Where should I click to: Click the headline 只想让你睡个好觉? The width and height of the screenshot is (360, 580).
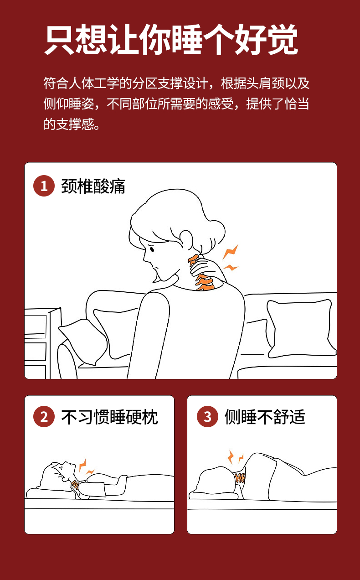(x=171, y=39)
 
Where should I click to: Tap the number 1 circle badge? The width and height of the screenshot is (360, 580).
(x=44, y=186)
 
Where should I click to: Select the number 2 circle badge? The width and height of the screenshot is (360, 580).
(x=44, y=417)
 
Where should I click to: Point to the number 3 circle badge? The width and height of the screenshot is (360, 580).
(x=207, y=417)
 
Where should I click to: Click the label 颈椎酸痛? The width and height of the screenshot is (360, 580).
(x=93, y=186)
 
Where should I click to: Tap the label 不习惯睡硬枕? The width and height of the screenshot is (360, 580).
(x=109, y=417)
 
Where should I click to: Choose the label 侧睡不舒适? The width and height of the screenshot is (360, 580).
(x=265, y=417)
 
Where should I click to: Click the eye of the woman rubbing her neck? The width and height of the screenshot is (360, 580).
(x=152, y=249)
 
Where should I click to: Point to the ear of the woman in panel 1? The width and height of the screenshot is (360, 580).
(x=186, y=239)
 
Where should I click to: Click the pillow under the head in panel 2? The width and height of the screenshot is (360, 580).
(x=52, y=493)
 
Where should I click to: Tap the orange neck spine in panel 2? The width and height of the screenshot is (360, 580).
(x=75, y=484)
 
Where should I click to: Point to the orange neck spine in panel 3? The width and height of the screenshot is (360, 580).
(x=240, y=477)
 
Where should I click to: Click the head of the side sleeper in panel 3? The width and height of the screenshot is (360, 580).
(x=216, y=480)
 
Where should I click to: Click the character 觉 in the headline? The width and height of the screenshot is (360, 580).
(x=283, y=39)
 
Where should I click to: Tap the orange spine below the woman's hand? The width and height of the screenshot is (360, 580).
(x=205, y=282)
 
